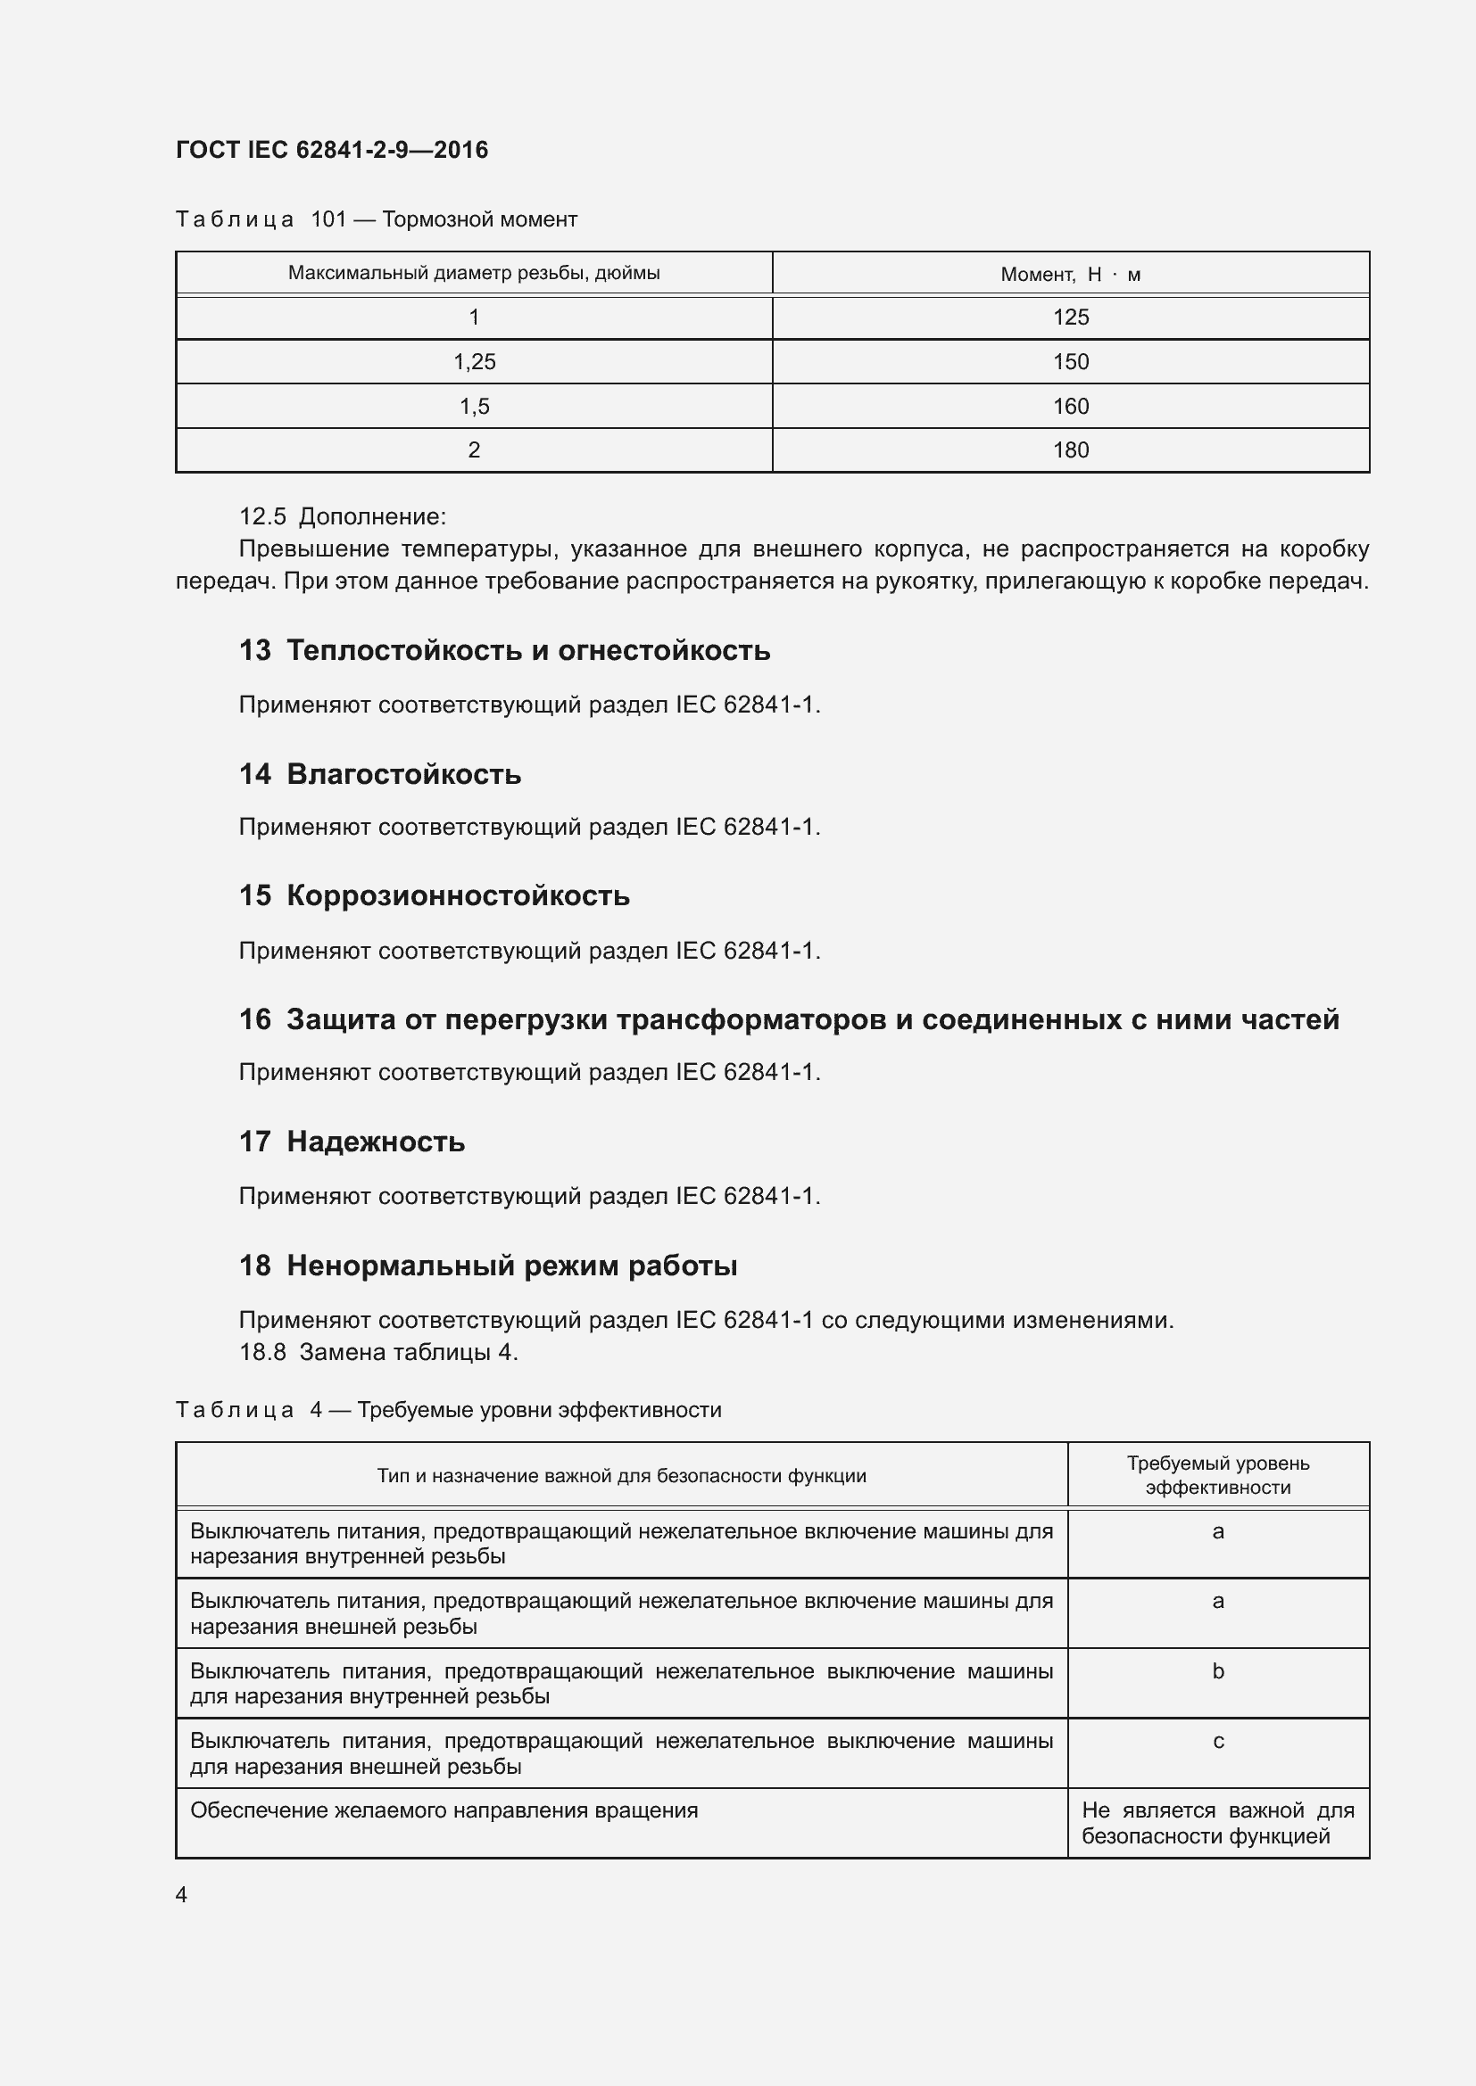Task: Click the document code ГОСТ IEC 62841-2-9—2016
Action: (332, 150)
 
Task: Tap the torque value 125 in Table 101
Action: (1071, 317)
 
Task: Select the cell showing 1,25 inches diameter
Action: (475, 361)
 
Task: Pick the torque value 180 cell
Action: (1071, 449)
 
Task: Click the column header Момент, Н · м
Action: (1071, 274)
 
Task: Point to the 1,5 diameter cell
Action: (475, 406)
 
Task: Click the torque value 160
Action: (1071, 406)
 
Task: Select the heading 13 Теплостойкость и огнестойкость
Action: (504, 650)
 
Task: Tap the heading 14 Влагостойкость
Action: (380, 774)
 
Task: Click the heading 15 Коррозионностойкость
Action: (435, 895)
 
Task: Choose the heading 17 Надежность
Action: (352, 1142)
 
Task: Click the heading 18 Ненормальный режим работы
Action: (488, 1266)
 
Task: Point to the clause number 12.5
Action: (262, 517)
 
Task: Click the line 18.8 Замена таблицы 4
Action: (378, 1352)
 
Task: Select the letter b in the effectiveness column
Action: (1218, 1671)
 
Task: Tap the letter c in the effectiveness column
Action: (1218, 1742)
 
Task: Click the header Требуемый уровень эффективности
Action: (1218, 1475)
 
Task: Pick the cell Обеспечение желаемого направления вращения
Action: (444, 1810)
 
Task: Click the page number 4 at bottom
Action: (182, 1894)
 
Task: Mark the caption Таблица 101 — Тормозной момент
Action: (377, 220)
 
